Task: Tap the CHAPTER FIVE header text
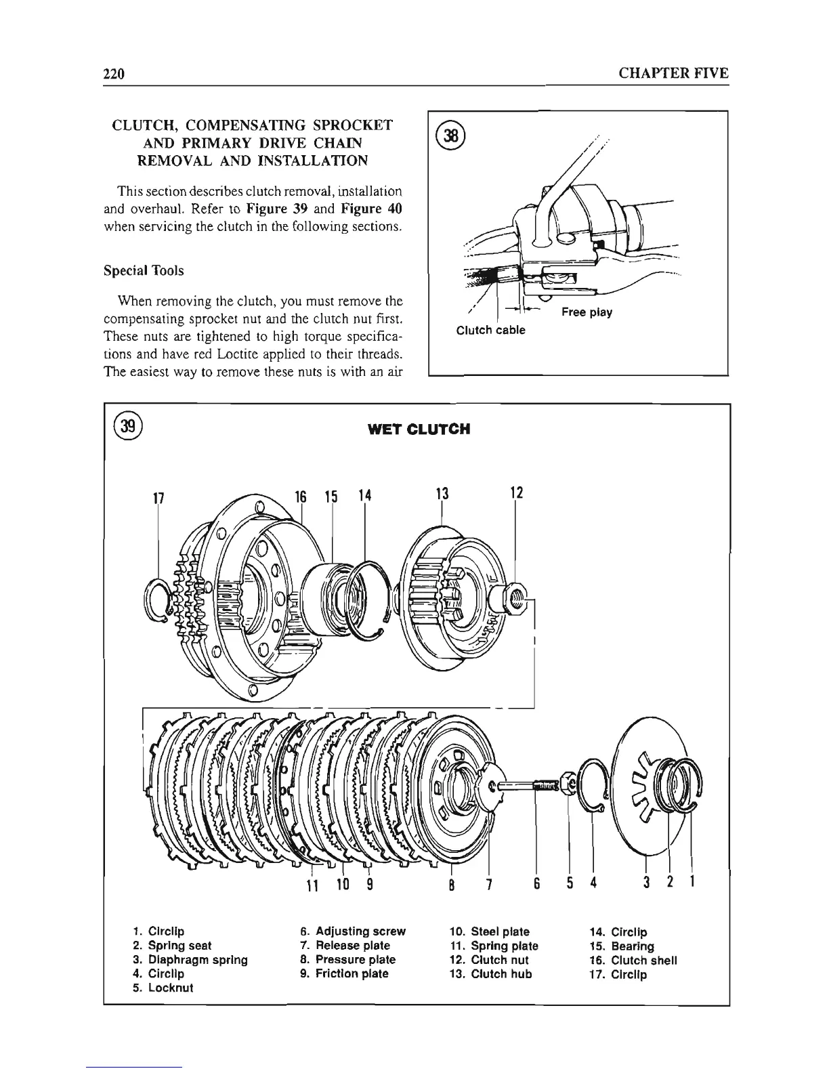[x=674, y=73]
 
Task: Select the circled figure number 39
[x=127, y=427]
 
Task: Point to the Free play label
[x=587, y=312]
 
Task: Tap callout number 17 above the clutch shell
[x=158, y=497]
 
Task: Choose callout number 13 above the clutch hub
[x=442, y=494]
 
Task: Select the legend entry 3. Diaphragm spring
[x=191, y=960]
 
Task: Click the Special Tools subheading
[x=144, y=271]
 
